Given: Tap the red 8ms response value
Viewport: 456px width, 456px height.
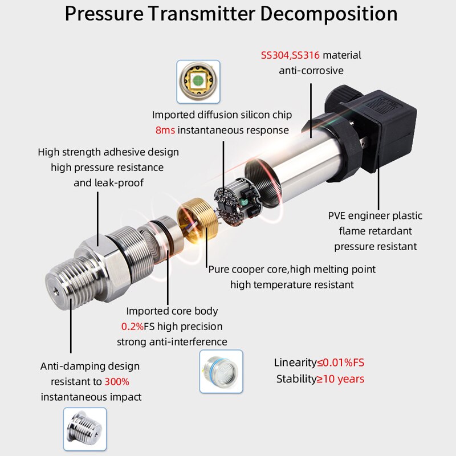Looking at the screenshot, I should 165,130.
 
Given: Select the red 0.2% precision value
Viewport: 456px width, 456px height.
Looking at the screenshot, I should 132,327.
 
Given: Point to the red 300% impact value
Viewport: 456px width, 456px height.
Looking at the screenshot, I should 120,381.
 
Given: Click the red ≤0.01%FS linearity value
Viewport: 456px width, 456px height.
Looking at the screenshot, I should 341,363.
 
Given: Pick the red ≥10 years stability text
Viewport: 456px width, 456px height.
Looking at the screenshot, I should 340,378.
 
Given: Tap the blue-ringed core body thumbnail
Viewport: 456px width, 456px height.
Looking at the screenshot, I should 221,372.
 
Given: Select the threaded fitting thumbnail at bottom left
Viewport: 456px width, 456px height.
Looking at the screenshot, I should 84,429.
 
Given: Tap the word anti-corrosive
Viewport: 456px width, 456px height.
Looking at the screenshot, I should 311,71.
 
